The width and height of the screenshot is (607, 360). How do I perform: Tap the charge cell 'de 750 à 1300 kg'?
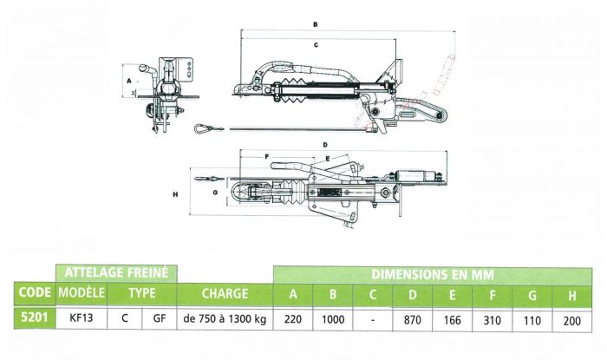[225, 318]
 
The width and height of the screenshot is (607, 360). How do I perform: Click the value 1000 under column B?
[334, 318]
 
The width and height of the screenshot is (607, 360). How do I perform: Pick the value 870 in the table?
[412, 318]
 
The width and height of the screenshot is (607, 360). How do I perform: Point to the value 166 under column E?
[454, 318]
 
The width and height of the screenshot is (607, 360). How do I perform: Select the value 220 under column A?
[294, 318]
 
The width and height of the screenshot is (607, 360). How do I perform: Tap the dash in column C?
[373, 318]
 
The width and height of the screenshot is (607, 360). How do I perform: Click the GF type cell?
[159, 318]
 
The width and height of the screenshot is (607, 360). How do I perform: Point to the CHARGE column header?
[225, 294]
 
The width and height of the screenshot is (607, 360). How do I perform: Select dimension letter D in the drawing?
[323, 144]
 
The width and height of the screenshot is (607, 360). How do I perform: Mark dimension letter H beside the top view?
[175, 194]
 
